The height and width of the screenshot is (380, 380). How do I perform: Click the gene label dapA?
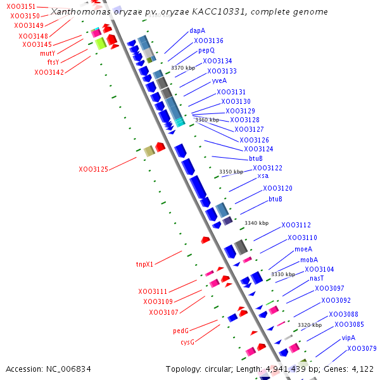point(197,30)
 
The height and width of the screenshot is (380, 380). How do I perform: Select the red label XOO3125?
point(93,170)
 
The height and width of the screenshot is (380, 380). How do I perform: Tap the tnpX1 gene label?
point(144,264)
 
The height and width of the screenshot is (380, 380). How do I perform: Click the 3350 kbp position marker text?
point(231,172)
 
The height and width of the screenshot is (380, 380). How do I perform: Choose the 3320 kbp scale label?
point(310,325)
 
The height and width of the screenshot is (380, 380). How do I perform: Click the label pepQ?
point(206,50)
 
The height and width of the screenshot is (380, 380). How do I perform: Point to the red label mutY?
point(47,53)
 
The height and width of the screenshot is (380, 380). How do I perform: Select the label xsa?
point(263,176)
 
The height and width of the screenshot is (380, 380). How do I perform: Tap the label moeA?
point(303,250)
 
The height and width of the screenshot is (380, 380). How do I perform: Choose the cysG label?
point(187,342)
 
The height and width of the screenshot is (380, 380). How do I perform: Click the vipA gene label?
point(348,338)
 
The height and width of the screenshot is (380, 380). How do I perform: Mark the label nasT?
point(317,279)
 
